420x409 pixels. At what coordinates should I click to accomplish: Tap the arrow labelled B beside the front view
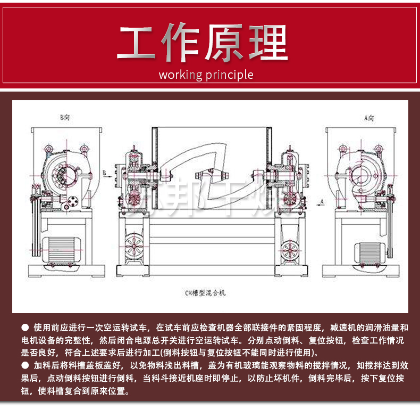pyautogui.click(x=107, y=172)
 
